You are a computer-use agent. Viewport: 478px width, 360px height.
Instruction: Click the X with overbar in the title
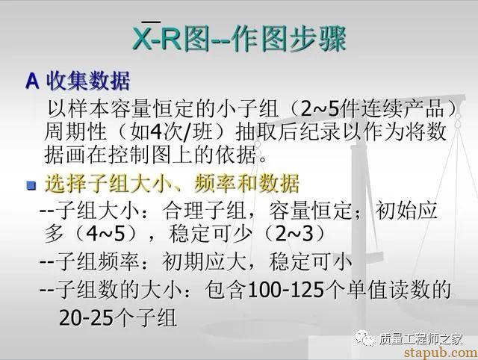click(143, 37)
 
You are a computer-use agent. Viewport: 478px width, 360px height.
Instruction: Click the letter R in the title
click(171, 39)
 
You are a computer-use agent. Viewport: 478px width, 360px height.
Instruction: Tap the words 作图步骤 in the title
click(288, 39)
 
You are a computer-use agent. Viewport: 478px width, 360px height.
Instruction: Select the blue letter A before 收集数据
click(32, 81)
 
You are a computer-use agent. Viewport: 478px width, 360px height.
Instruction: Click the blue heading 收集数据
click(88, 81)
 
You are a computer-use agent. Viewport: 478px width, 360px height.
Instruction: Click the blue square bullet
click(31, 185)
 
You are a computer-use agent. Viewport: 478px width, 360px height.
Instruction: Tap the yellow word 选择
click(66, 184)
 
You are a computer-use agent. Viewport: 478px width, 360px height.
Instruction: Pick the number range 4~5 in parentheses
click(106, 234)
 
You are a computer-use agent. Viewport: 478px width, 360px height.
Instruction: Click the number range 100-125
click(286, 290)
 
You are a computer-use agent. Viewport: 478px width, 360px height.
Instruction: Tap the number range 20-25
click(87, 317)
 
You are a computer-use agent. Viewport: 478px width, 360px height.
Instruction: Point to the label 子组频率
click(97, 261)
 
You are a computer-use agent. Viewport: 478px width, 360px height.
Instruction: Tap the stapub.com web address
click(441, 353)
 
